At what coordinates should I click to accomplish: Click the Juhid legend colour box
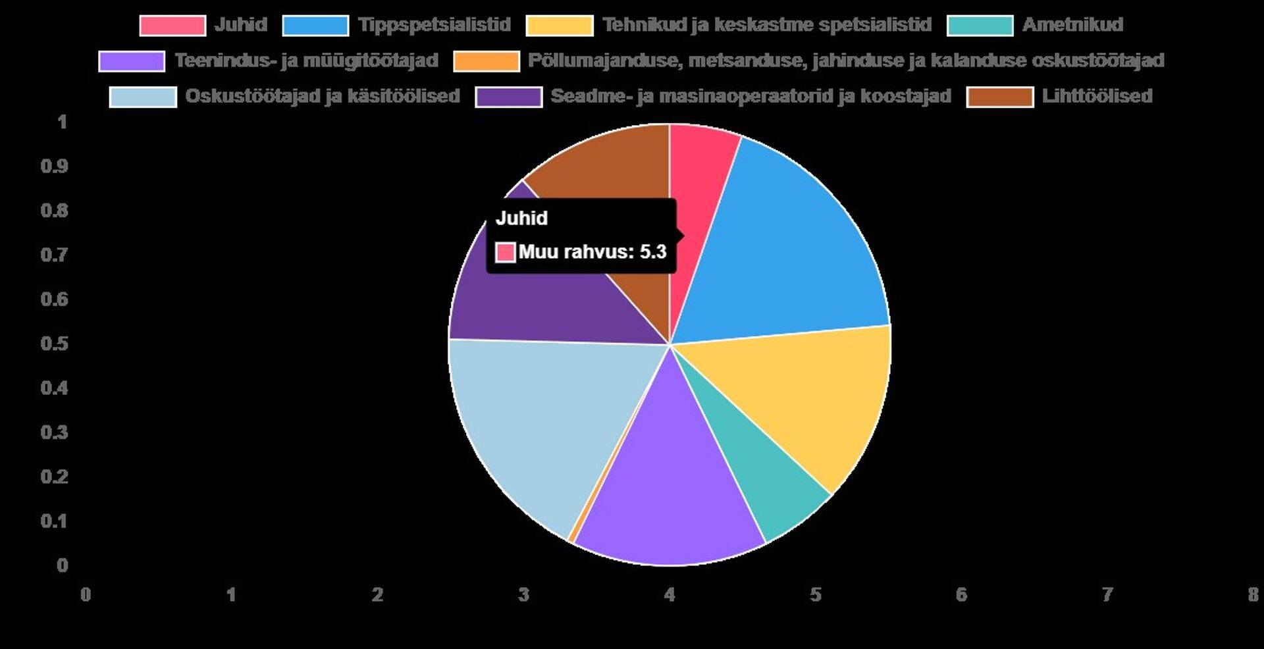pos(172,25)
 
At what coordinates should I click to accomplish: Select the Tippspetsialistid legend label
pos(434,25)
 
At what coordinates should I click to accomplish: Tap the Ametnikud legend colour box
pos(980,25)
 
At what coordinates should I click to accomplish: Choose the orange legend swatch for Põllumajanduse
pos(487,61)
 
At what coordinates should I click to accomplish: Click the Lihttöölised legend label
pos(1097,96)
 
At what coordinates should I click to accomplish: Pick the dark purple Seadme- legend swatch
pos(509,96)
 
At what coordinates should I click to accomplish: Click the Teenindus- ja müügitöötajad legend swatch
pos(132,61)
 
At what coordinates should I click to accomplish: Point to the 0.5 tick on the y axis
pos(55,344)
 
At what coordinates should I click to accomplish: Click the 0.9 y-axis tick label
pos(55,166)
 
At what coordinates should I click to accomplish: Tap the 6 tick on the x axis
pos(961,595)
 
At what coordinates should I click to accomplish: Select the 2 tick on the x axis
pos(377,595)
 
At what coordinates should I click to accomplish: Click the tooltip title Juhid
pos(521,218)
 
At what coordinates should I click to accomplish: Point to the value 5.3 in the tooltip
pos(653,251)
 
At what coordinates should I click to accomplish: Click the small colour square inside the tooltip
pos(505,252)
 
